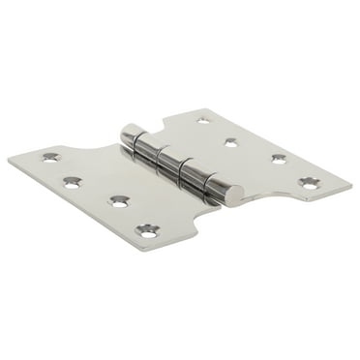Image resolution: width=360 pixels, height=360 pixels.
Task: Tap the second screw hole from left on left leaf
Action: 73,181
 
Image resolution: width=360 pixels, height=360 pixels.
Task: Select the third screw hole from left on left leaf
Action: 119,201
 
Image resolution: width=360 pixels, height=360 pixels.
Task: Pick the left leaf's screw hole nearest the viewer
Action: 148,229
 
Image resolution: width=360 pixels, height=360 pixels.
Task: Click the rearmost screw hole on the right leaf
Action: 203,120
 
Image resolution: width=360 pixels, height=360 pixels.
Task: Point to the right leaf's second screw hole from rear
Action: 231,142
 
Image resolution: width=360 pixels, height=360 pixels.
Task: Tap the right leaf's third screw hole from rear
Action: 279,159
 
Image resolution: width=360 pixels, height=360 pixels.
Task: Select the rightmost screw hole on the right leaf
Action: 309,182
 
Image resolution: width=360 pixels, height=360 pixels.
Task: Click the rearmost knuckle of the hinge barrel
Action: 133,136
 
